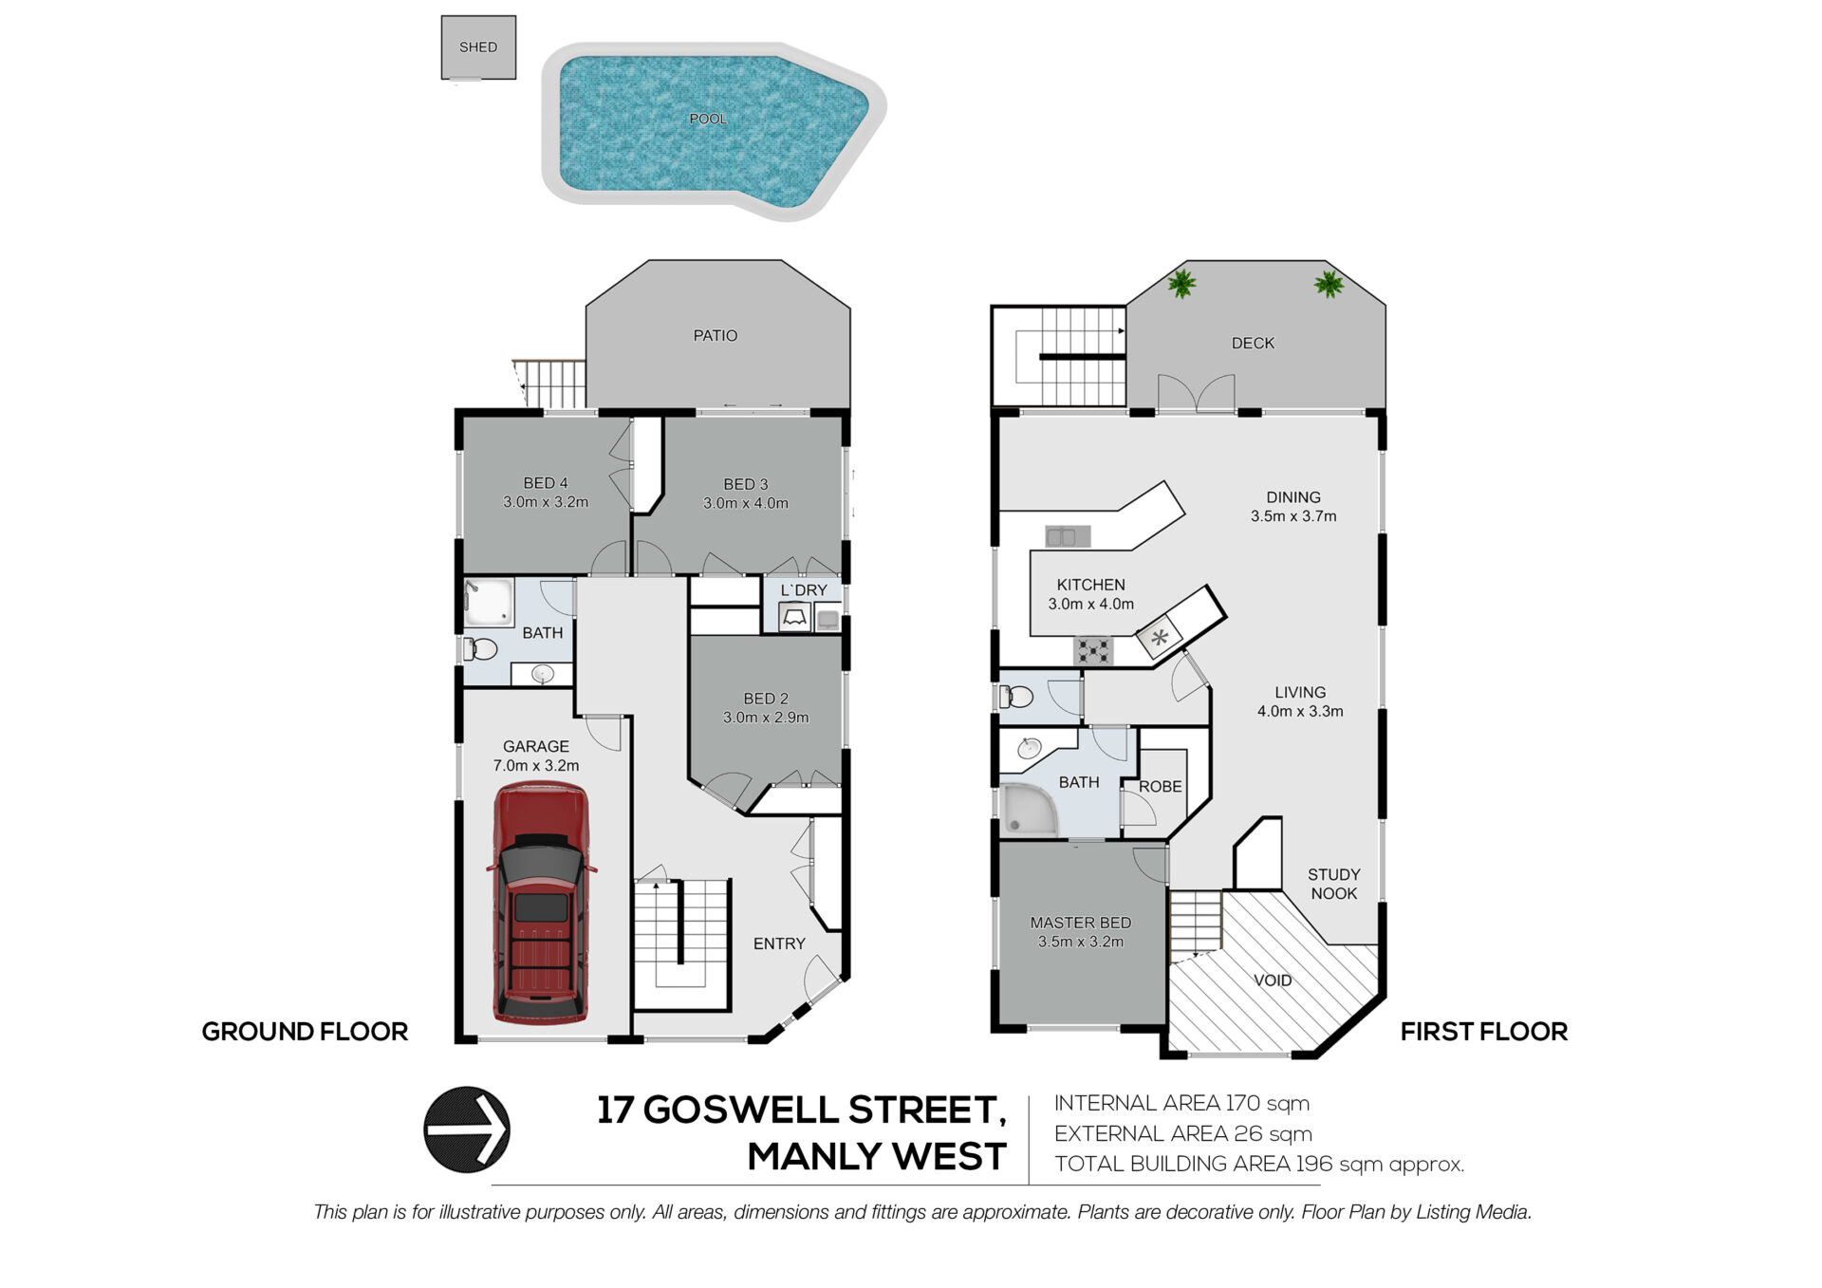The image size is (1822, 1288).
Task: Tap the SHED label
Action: click(x=478, y=47)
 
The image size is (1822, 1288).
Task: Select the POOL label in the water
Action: click(x=708, y=119)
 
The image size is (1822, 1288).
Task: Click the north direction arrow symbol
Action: click(x=467, y=1129)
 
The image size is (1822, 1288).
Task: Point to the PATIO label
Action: click(x=716, y=336)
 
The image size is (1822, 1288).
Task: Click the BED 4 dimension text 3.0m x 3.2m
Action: click(x=546, y=502)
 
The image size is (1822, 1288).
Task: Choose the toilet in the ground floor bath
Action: click(x=481, y=649)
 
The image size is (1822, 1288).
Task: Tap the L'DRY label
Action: click(x=804, y=590)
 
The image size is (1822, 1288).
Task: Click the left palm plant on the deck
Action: click(x=1181, y=283)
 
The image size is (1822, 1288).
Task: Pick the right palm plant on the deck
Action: click(x=1329, y=284)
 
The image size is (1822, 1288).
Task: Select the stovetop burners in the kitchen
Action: click(x=1093, y=651)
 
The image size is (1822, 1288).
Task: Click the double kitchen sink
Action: click(x=1068, y=537)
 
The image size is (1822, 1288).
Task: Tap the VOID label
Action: click(x=1273, y=980)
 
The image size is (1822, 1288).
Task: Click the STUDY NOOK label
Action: click(x=1334, y=884)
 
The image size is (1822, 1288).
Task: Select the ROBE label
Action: click(x=1161, y=787)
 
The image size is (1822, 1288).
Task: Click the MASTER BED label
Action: click(x=1081, y=923)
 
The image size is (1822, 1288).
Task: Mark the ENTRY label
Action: click(x=779, y=943)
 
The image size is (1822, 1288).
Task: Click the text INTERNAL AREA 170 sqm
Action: click(x=1181, y=1103)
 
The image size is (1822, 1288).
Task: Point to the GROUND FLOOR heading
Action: click(x=305, y=1032)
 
